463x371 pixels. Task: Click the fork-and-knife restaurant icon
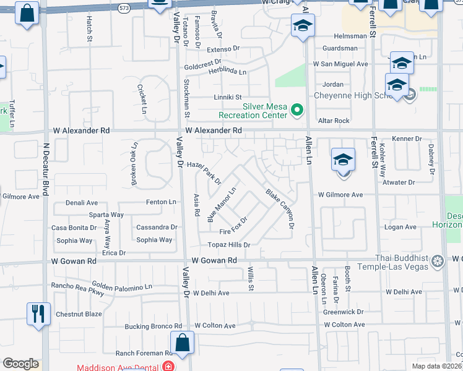tap(38, 313)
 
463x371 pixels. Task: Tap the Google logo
tap(20, 364)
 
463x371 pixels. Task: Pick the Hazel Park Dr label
tap(204, 173)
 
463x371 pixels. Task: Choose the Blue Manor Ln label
tap(222, 205)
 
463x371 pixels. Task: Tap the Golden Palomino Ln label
tap(123, 286)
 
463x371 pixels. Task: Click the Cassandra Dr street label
tap(157, 227)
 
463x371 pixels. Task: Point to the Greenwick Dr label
tap(343, 312)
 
